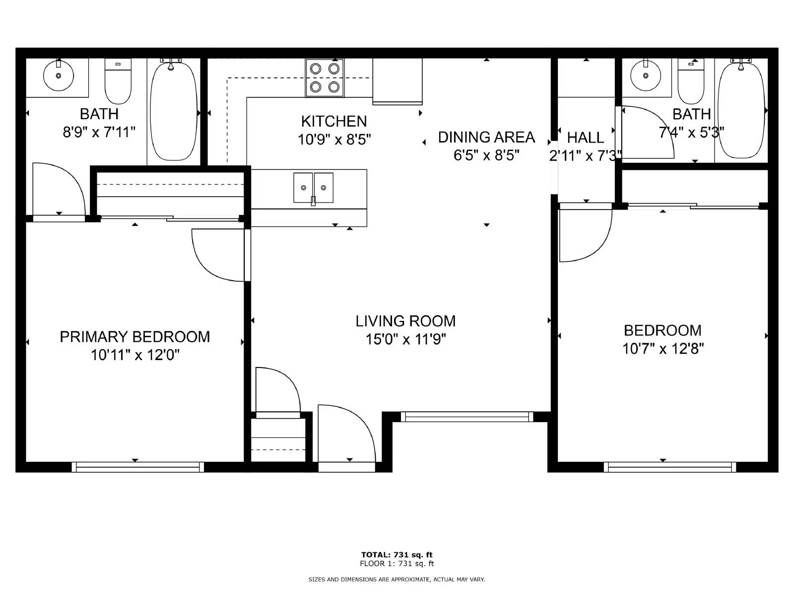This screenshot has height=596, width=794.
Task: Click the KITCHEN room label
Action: click(x=334, y=121)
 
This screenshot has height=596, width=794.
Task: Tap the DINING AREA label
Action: click(x=486, y=137)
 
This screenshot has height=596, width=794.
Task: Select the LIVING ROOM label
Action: click(x=405, y=321)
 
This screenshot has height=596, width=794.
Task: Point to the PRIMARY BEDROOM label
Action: click(x=134, y=337)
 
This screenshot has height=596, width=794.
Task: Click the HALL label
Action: click(x=585, y=138)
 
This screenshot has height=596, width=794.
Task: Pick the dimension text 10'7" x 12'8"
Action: click(x=662, y=349)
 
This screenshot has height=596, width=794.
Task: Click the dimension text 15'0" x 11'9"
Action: click(x=405, y=339)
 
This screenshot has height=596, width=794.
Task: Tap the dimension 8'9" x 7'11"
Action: click(x=99, y=132)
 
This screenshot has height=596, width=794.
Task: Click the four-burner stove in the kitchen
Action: click(x=325, y=78)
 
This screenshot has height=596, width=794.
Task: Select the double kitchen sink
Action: click(x=313, y=188)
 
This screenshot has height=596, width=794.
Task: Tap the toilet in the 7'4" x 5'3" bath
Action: click(x=691, y=81)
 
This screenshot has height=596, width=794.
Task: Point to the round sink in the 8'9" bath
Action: click(x=59, y=75)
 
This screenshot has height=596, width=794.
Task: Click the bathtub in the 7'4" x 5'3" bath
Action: click(x=741, y=110)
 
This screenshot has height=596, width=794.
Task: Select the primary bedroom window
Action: click(x=138, y=467)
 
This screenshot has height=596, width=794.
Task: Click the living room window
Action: click(x=467, y=417)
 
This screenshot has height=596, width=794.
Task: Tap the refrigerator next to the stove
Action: click(x=397, y=82)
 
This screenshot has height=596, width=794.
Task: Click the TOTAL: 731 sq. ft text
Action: click(x=397, y=555)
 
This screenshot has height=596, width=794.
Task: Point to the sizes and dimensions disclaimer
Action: click(x=397, y=579)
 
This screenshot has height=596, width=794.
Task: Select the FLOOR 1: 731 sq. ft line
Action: click(x=397, y=563)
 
